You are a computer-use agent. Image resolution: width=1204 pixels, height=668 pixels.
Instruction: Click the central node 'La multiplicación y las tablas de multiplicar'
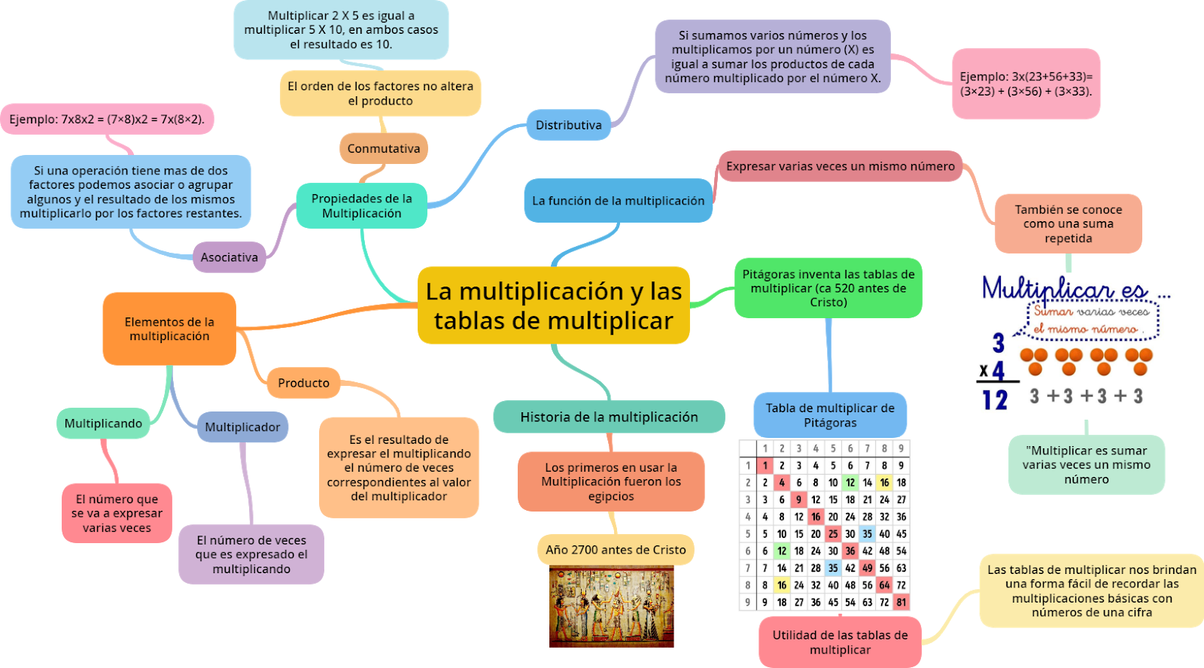[553, 305]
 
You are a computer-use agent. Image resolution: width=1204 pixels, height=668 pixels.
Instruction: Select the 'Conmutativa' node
[384, 148]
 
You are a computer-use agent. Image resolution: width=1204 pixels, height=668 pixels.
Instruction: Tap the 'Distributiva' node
[568, 125]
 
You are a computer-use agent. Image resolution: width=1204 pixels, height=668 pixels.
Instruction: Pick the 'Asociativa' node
[229, 257]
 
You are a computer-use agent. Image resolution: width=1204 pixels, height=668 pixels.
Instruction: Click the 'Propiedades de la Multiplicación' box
[361, 205]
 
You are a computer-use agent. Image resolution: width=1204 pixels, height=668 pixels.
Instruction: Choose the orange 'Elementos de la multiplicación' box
[169, 329]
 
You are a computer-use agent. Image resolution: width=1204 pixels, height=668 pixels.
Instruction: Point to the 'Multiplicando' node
[103, 424]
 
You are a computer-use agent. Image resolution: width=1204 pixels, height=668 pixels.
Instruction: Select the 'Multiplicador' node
[242, 427]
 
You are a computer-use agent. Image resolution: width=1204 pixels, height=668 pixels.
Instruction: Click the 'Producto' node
[303, 383]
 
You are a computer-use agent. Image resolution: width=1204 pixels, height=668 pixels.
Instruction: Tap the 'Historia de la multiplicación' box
[609, 417]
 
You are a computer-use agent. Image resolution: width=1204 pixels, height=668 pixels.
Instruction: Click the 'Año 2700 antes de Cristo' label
[616, 550]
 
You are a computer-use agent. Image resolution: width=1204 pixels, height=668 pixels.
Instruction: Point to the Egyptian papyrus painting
[611, 606]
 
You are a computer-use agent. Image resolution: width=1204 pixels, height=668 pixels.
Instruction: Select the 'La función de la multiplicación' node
[618, 201]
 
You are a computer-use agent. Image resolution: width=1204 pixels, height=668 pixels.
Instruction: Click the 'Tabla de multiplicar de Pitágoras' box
[830, 415]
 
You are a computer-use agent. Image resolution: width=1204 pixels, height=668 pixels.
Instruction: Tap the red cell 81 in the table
[901, 602]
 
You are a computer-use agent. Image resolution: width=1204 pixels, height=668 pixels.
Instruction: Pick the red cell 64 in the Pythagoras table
[884, 584]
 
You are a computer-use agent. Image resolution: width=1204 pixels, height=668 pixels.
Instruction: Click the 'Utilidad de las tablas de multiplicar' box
[840, 642]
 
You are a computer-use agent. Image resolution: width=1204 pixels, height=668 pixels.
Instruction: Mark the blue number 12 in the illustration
[995, 399]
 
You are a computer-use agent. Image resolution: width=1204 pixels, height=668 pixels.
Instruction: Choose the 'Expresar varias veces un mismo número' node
[840, 166]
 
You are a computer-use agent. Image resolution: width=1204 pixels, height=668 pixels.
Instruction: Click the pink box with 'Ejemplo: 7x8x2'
[107, 119]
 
